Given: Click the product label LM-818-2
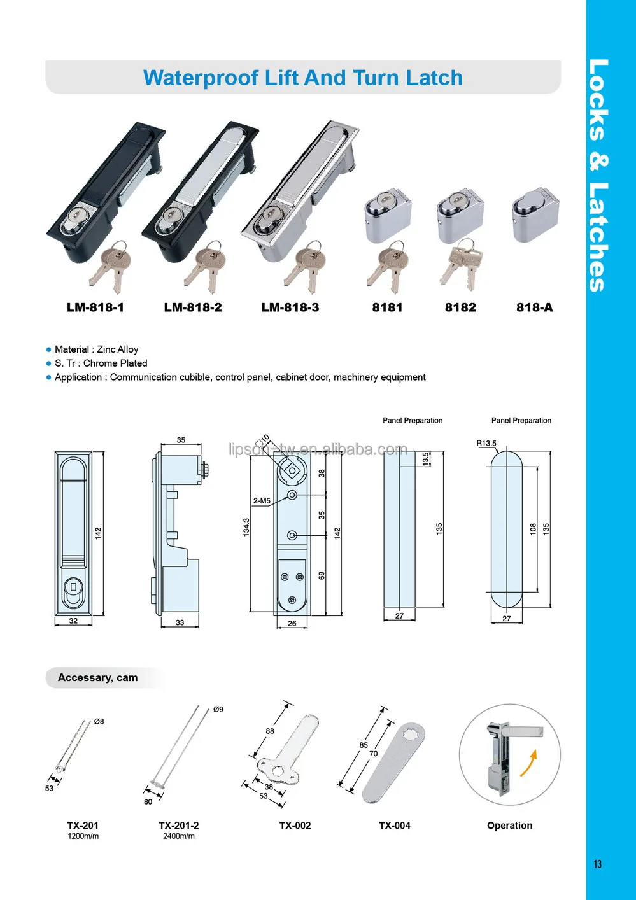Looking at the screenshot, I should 193,307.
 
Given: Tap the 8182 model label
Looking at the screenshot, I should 460,307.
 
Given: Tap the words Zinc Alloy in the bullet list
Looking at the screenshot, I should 117,349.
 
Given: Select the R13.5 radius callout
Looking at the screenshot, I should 486,444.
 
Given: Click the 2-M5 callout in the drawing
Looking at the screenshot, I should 262,501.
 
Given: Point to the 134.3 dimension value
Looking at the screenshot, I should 246,527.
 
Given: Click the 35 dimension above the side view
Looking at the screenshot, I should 181,440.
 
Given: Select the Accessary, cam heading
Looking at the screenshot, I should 97,678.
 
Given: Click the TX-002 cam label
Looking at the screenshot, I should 295,826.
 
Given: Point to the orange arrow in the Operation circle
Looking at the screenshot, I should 529,763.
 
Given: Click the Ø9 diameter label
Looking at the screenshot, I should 218,709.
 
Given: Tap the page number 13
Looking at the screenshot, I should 597,864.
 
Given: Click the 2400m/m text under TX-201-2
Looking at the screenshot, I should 179,836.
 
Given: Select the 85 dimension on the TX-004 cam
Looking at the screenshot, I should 364,745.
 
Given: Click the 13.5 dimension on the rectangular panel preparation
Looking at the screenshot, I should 426,459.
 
